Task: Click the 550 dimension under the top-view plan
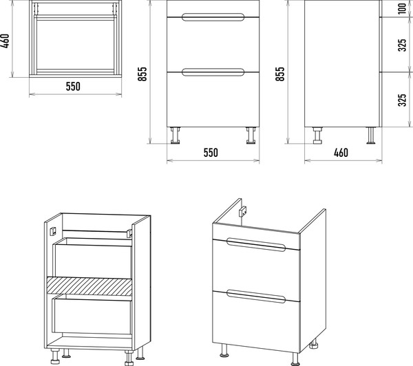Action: (73, 87)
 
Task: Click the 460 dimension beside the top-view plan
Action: (6, 41)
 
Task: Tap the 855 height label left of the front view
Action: (142, 74)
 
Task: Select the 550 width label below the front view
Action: (211, 153)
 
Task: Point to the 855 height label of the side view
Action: (280, 74)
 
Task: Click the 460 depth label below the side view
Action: (341, 153)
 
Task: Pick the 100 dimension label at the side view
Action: (403, 9)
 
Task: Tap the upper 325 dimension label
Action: (403, 45)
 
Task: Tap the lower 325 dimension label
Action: (403, 100)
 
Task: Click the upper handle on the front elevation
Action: (213, 17)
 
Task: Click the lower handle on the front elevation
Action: (213, 72)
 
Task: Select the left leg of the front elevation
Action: (175, 136)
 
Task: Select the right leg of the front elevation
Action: (251, 136)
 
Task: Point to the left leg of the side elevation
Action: (317, 136)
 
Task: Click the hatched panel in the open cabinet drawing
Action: (89, 286)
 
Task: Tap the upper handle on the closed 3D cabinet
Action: (256, 245)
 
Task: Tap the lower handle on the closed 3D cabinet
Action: (256, 297)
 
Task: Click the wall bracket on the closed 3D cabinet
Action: (243, 211)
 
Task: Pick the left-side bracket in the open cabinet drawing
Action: (53, 231)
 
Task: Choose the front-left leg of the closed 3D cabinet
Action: (224, 351)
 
